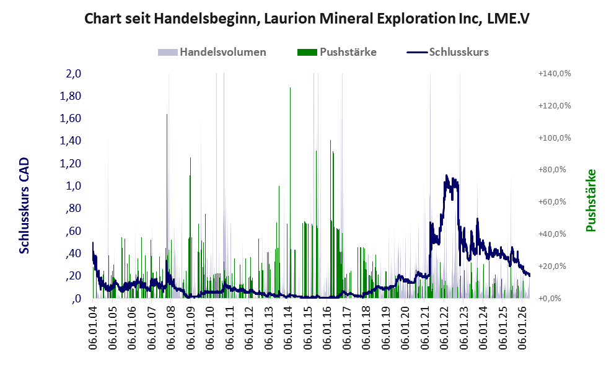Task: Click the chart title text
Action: point(307,19)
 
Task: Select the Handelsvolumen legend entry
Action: point(212,52)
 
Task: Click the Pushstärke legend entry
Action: point(337,52)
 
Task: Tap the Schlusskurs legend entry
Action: point(447,52)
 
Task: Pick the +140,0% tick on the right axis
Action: point(555,74)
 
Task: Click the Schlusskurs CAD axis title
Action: point(24,205)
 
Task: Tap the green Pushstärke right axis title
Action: point(590,200)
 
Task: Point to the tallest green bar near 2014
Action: point(290,193)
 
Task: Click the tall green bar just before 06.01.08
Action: point(167,206)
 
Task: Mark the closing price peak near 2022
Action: point(446,176)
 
